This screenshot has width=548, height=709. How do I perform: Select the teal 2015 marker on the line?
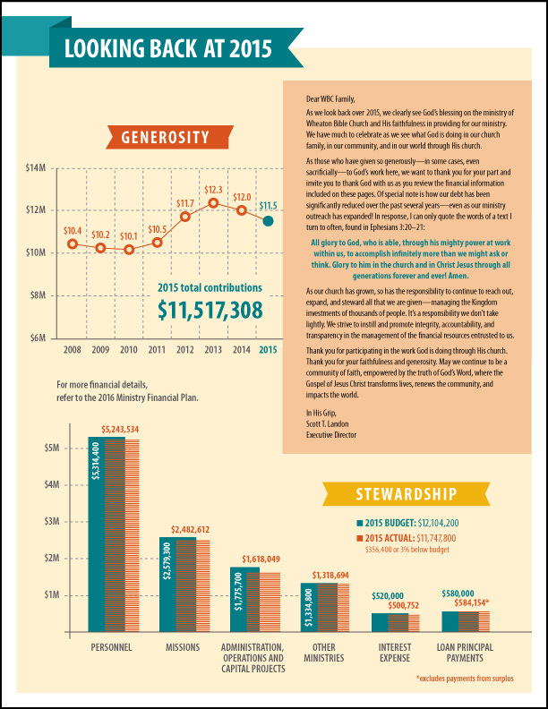click(268, 219)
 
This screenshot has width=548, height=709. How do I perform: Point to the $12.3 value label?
click(213, 190)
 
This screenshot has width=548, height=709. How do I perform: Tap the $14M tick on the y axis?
click(36, 167)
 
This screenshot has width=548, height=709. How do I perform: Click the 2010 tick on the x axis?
click(129, 350)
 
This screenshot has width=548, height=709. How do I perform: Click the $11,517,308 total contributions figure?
click(210, 310)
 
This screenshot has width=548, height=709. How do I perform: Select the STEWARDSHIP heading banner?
click(407, 494)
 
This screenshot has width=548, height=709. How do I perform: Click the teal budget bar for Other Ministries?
click(309, 608)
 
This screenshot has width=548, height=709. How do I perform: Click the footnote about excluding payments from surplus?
click(465, 680)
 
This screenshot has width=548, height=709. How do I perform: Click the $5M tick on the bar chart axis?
click(52, 448)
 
